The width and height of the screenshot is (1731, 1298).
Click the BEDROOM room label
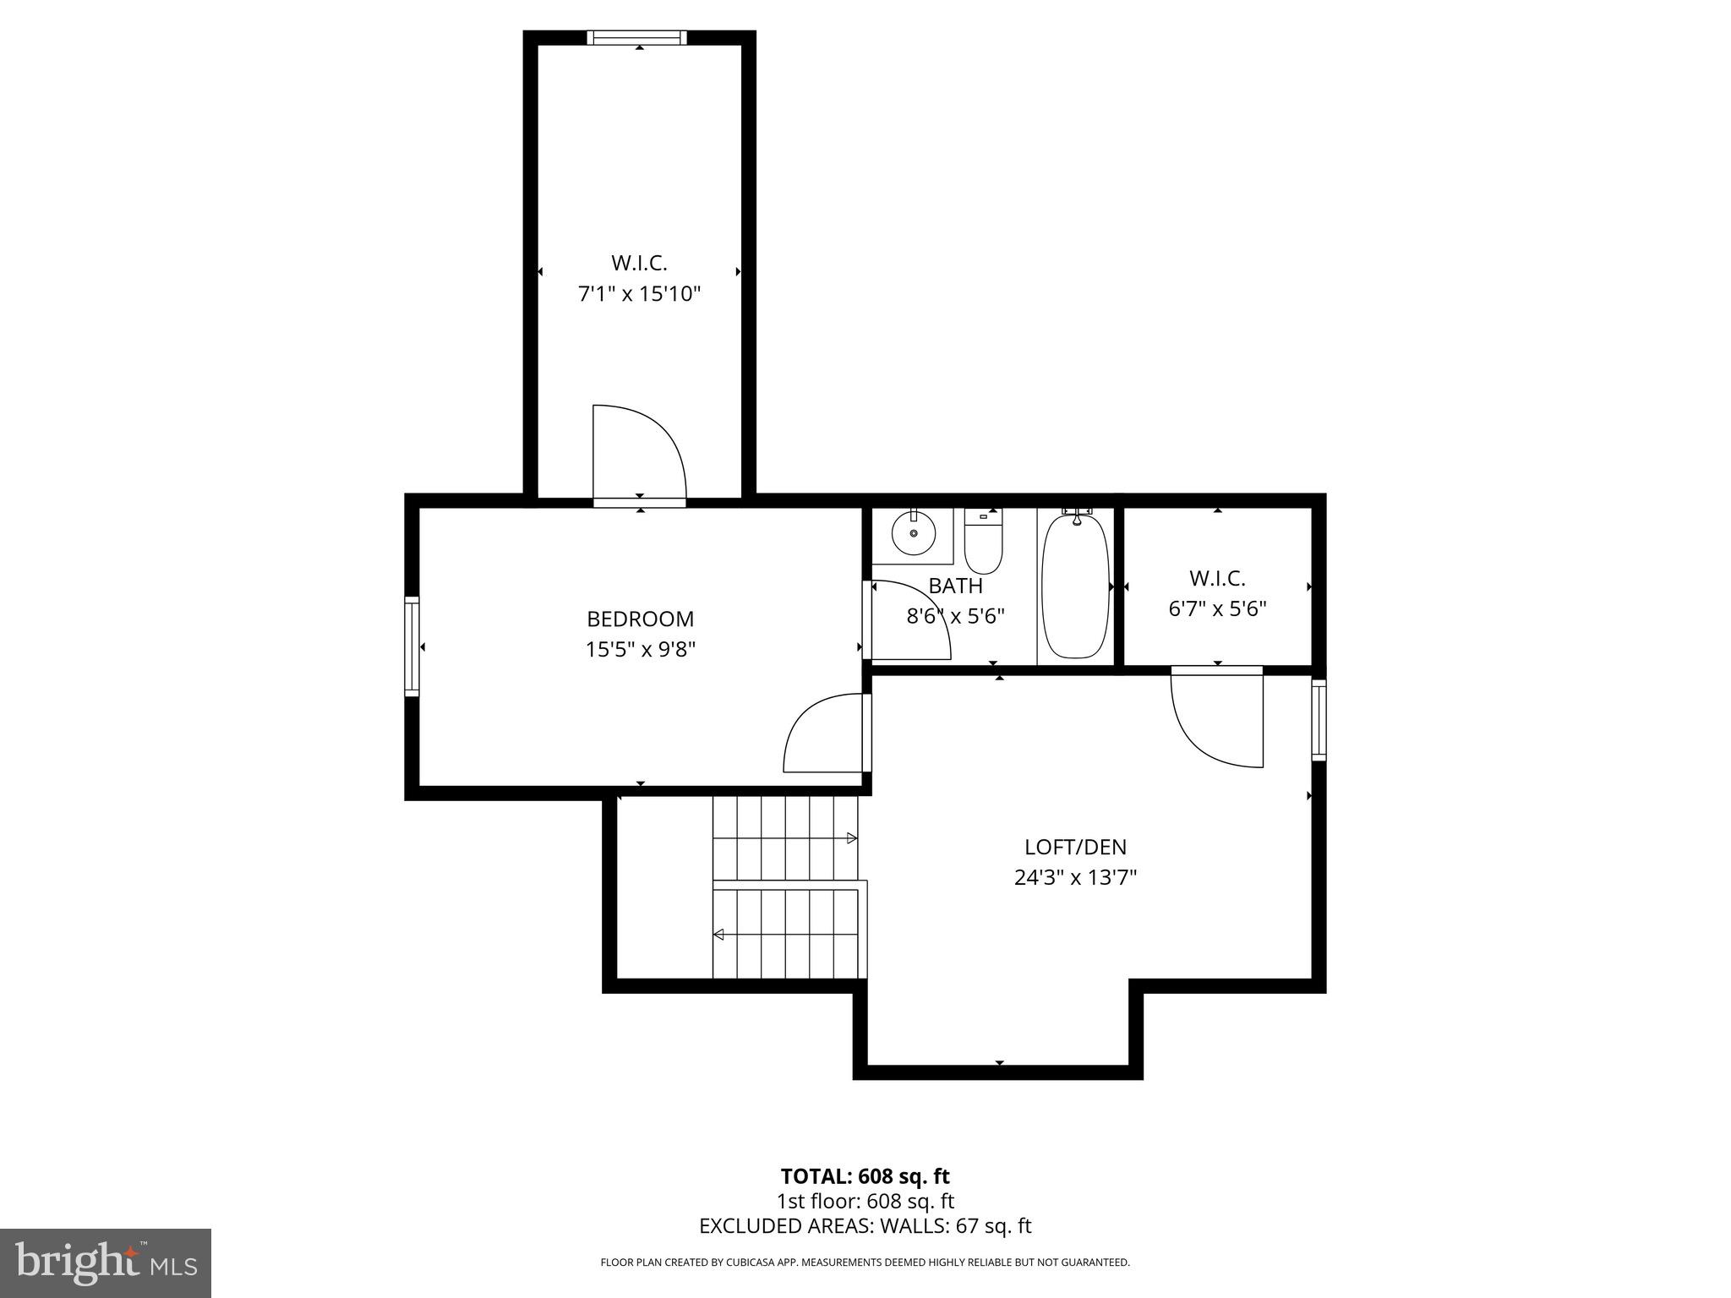(640, 619)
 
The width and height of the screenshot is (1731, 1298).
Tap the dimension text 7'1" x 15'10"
(639, 295)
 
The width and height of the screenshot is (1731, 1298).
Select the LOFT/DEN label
(1075, 847)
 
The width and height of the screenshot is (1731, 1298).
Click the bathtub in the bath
(1075, 586)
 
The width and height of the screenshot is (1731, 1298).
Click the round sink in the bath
(914, 534)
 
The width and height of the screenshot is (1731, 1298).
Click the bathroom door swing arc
(910, 619)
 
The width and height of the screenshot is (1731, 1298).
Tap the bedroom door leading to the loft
(825, 734)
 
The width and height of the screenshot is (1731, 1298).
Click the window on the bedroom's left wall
(412, 646)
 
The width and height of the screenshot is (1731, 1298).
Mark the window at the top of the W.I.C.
(638, 37)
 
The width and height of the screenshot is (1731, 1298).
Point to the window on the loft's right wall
(1318, 719)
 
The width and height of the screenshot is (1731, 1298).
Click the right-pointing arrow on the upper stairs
(852, 838)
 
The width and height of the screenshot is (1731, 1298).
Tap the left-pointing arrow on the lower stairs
(718, 935)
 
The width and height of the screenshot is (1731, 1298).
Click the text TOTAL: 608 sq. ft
(865, 1176)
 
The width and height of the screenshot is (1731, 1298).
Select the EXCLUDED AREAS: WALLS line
(865, 1226)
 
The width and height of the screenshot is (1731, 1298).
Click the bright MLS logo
(106, 1263)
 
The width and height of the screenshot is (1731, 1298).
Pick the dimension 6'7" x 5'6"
(1217, 609)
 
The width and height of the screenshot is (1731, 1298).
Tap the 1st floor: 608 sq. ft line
(865, 1201)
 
